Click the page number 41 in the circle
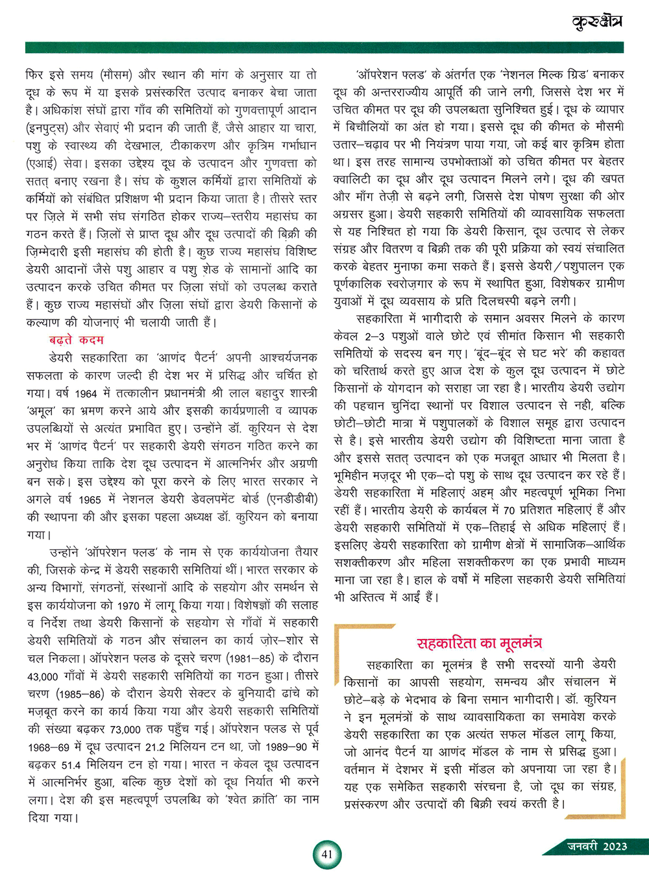[326, 854]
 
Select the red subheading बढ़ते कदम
[76, 340]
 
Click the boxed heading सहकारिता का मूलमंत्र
[479, 643]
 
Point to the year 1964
[86, 393]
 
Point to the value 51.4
[71, 765]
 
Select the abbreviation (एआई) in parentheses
[44, 164]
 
